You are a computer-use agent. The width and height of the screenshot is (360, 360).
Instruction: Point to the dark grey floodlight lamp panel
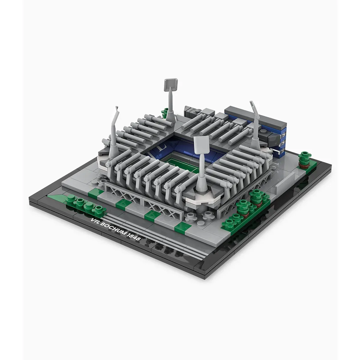(x=171, y=85)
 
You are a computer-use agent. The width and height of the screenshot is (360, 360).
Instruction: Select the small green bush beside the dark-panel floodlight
(x=165, y=113)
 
